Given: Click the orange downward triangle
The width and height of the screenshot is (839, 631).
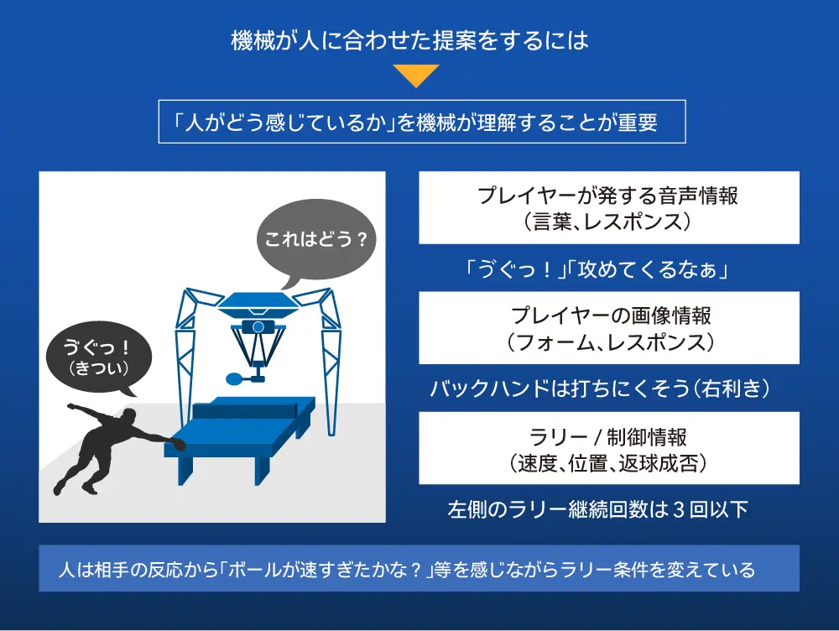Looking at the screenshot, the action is [416, 75].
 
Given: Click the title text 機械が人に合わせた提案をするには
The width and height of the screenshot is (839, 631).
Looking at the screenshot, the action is [410, 40].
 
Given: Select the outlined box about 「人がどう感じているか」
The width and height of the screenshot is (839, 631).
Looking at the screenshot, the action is [422, 122].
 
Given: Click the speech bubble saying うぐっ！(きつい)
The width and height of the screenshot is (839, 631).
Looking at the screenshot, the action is [98, 357].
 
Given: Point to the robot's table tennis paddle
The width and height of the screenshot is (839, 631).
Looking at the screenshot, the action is [236, 379].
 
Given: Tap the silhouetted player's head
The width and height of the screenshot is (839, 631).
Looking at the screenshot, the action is [128, 416].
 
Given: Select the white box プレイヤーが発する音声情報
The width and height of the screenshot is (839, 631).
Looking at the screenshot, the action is [609, 207].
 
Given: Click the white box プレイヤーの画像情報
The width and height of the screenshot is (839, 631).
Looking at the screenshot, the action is [609, 327].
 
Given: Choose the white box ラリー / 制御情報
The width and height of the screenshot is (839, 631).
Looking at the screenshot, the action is [609, 448].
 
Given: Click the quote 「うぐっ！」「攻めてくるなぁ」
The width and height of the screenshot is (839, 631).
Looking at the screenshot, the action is [597, 269].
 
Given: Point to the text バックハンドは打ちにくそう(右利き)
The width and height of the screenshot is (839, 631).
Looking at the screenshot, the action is [600, 389].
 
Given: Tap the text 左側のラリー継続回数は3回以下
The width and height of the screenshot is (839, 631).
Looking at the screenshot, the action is [597, 509].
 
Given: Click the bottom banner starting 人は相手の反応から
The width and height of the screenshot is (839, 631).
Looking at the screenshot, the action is [419, 568].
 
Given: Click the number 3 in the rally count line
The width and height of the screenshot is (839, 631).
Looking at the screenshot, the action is [679, 509].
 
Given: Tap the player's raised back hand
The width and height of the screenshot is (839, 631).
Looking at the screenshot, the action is [71, 407].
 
